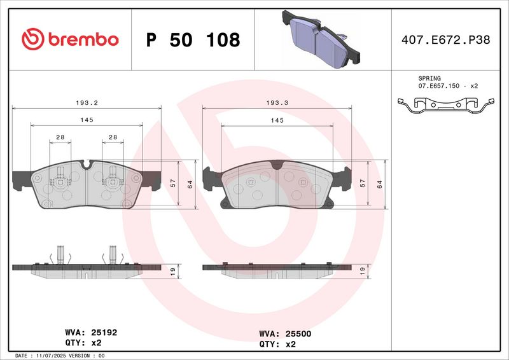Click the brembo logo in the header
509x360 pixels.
(x=70, y=39)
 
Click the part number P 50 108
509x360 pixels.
(x=193, y=40)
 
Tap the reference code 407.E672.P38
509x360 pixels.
(x=445, y=40)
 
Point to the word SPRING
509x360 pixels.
(x=429, y=78)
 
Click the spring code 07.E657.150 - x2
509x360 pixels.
(x=448, y=85)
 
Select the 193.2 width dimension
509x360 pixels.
(x=86, y=101)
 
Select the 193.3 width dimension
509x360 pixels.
(x=277, y=101)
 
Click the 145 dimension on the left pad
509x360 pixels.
(x=86, y=120)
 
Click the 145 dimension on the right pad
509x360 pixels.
(x=277, y=120)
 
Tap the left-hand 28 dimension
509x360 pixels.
(x=60, y=137)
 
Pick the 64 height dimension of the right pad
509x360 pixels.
(x=379, y=184)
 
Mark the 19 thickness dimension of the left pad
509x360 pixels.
(x=172, y=271)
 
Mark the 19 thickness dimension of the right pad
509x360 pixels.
(x=362, y=271)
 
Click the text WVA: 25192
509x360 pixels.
(x=91, y=332)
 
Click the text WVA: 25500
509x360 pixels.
(x=285, y=333)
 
